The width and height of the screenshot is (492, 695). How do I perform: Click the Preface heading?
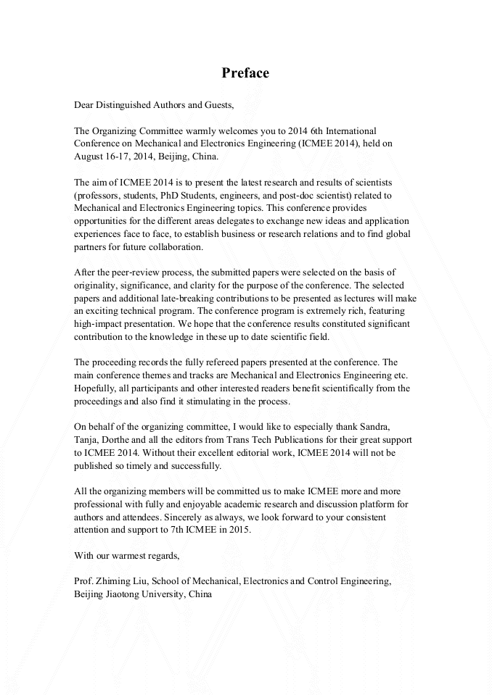click(245, 73)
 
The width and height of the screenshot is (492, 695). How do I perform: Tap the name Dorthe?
click(123, 440)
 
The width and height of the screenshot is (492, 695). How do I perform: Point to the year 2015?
click(237, 530)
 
